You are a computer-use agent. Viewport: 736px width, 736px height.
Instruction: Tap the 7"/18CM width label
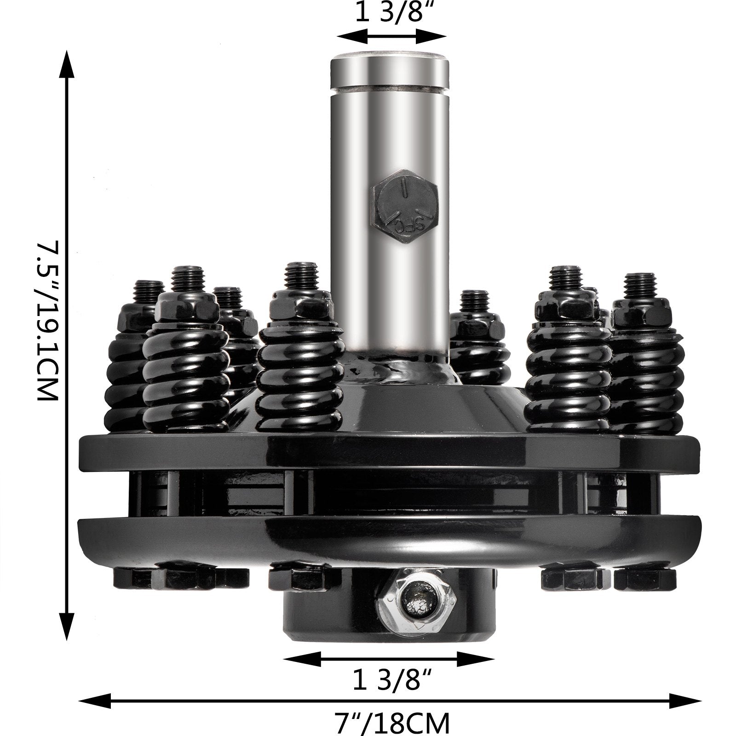[391, 723]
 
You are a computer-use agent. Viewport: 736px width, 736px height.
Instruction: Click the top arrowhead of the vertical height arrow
[68, 64]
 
